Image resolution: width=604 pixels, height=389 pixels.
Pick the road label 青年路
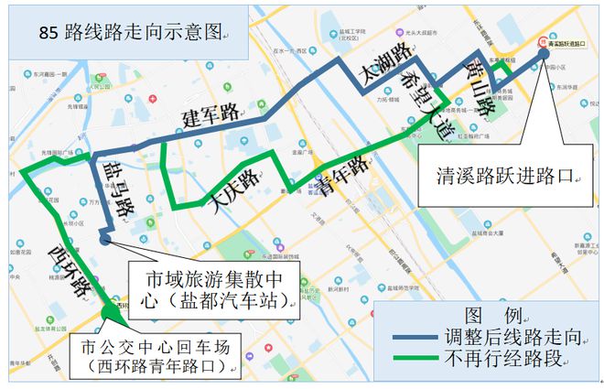click(344, 170)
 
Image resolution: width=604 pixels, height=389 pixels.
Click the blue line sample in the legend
click(415, 337)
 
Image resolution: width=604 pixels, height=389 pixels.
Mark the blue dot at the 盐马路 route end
click(105, 240)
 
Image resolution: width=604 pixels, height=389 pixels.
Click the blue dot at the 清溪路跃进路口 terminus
click(545, 53)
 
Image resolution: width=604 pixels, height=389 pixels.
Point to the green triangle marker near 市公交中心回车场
click(110, 310)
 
